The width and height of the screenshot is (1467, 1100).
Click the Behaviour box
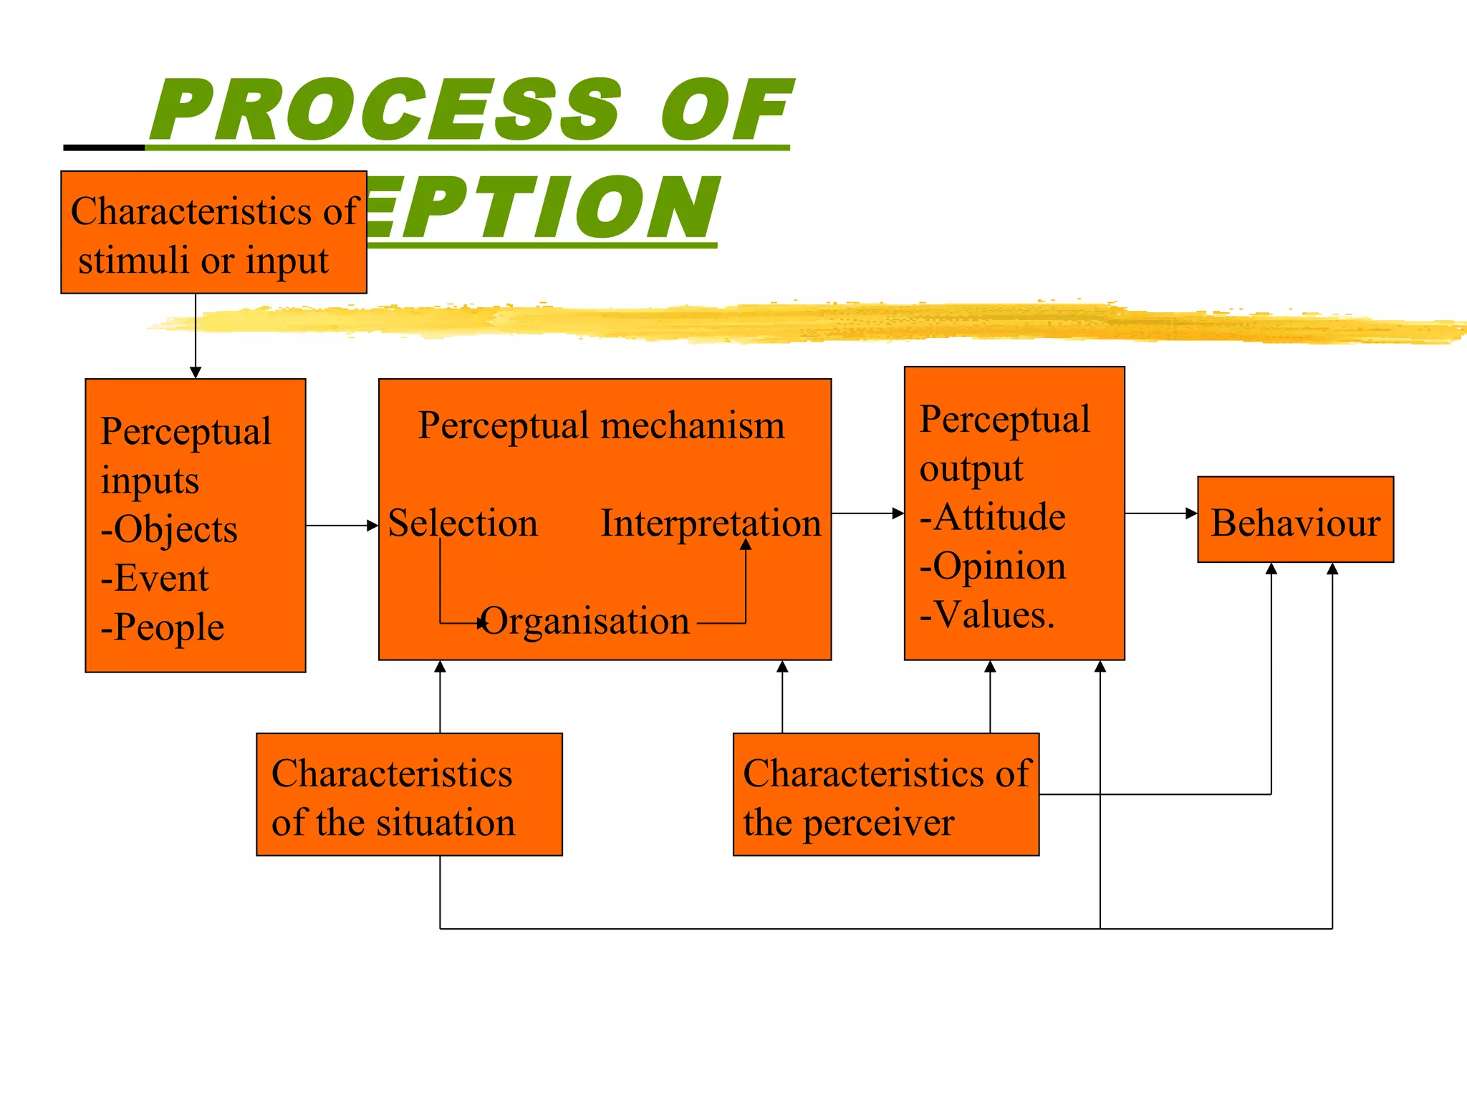[1295, 520]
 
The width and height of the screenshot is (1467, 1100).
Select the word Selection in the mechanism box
[463, 523]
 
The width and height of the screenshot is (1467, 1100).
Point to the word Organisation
[586, 621]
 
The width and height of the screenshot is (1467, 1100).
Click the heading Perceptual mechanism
[601, 425]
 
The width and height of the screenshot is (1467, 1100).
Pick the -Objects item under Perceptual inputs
[169, 529]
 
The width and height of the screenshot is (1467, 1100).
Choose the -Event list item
[155, 578]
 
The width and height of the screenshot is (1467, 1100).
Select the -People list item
[163, 627]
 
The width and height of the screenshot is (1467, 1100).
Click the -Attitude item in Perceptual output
[993, 517]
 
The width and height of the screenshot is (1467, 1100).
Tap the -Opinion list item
[993, 566]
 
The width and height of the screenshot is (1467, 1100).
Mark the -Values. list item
[987, 614]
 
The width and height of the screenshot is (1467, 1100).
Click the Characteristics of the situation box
[409, 794]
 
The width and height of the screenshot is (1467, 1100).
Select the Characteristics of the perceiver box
[885, 794]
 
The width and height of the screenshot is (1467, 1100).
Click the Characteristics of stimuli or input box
[213, 233]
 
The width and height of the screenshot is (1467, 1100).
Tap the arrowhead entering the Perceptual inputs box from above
[196, 372]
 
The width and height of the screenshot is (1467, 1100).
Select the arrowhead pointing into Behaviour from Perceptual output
[1191, 513]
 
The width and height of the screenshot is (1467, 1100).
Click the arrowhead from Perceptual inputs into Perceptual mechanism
[372, 526]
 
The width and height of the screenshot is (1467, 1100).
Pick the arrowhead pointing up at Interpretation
[746, 545]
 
